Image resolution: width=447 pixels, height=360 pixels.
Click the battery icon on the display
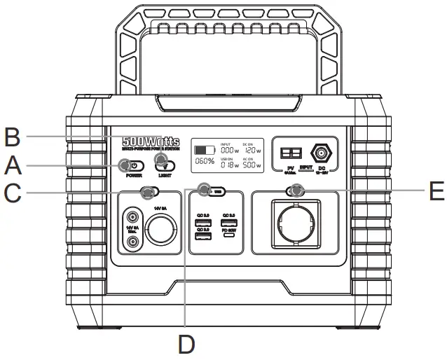tap(205, 150)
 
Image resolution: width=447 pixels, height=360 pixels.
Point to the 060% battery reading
tap(205, 161)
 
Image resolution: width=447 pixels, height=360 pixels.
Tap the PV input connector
tap(290, 153)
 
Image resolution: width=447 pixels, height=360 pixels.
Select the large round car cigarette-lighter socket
tap(160, 229)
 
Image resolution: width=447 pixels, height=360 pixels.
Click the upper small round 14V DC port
tap(132, 216)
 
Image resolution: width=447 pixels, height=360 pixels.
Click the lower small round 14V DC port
tap(132, 242)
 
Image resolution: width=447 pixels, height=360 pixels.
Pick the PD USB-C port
tap(228, 236)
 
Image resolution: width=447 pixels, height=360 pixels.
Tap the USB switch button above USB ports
tap(211, 190)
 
